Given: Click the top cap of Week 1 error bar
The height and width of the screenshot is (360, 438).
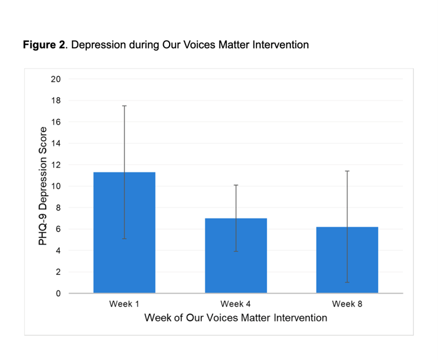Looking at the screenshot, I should (124, 106).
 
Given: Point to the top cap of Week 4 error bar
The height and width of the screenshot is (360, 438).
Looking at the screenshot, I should (235, 185).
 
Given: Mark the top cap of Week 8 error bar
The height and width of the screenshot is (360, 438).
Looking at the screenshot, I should (347, 171).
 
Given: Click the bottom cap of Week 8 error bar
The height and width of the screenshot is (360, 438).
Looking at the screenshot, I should (347, 282).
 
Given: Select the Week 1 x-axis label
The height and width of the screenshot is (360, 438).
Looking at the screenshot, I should (124, 304).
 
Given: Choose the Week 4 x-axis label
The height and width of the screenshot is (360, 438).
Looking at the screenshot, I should (235, 304).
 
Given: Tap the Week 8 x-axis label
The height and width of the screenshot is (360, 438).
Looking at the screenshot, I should (347, 304).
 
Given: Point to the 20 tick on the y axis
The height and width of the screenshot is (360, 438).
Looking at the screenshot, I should (56, 79).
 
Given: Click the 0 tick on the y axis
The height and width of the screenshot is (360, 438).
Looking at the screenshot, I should (58, 294).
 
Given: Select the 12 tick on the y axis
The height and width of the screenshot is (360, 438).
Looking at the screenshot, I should (56, 165).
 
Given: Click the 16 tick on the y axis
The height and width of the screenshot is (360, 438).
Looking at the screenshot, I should (56, 122).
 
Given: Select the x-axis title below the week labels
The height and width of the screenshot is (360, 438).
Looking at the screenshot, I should (235, 318).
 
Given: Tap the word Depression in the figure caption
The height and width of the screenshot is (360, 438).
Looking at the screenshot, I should (98, 45).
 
